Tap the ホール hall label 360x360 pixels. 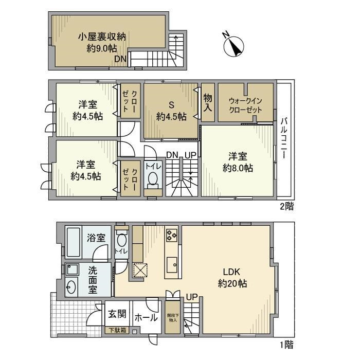(146, 318)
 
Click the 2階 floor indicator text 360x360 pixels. (287, 206)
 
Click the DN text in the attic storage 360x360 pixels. (120, 59)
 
